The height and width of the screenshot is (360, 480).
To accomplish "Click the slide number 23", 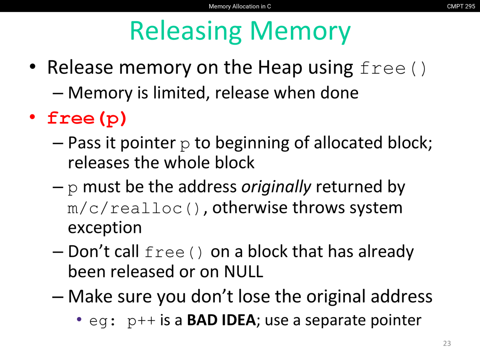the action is coord(447,343).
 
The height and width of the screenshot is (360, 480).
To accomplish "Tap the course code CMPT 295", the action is coord(461,6).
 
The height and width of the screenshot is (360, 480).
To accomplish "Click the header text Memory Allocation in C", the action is coord(240,6).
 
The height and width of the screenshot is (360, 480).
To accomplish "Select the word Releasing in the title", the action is coord(186,31).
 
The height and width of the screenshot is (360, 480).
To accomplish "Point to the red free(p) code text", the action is coord(87,119).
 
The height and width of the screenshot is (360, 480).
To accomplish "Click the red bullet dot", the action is coord(32,117).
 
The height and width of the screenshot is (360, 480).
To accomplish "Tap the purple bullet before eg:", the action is coord(79,319).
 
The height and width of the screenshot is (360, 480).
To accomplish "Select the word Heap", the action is coord(280,68).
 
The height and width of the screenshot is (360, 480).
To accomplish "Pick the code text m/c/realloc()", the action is coord(133,208).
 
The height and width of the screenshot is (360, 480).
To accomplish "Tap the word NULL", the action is coord(244,272).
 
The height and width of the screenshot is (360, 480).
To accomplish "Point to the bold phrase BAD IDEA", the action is coord(222,320).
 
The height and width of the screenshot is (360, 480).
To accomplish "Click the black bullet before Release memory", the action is coord(33,66).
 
